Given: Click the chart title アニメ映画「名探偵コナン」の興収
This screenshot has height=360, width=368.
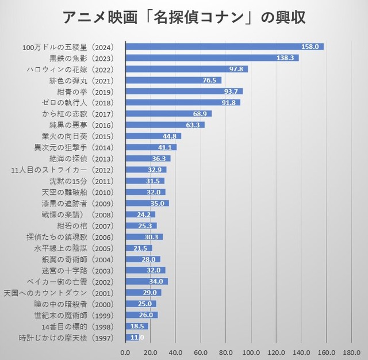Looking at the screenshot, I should point(184,17).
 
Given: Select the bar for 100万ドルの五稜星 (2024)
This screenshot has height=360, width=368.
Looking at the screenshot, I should point(224,47).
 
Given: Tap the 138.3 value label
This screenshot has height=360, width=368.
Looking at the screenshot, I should point(285,58).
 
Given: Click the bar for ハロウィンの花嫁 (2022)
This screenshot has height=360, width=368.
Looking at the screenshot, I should point(186,69).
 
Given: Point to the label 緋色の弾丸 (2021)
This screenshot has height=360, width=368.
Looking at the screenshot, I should point(83,81).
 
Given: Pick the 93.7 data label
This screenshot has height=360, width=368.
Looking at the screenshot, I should point(231,91).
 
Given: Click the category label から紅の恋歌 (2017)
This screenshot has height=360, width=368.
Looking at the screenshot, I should point(83,114).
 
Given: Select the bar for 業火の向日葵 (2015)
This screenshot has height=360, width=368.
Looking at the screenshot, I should point(153,136).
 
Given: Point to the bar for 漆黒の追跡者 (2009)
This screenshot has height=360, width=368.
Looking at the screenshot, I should point(147,204).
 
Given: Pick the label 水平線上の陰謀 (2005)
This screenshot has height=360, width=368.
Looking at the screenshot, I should point(75,248).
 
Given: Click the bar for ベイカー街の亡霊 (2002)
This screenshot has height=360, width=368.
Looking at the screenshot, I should point(147,282).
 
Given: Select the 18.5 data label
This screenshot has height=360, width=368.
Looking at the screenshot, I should point(138,327).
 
